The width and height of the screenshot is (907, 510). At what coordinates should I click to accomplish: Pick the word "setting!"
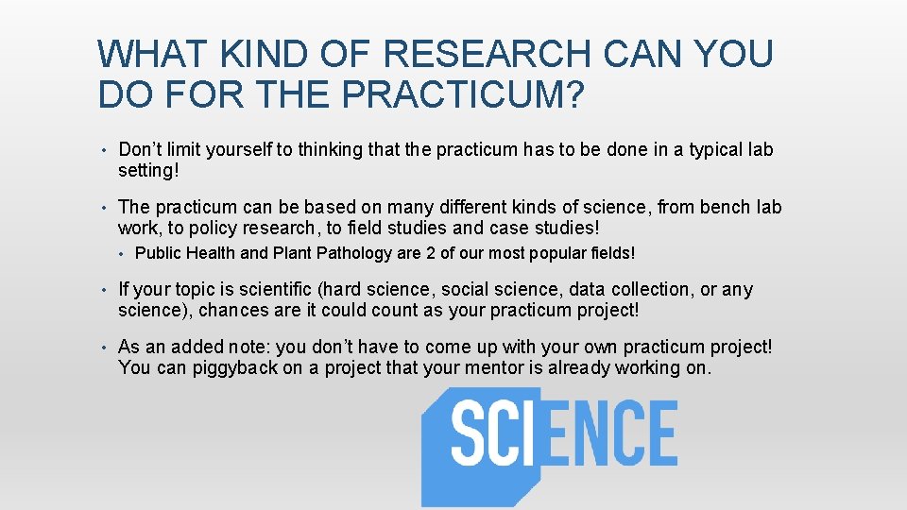(x=148, y=171)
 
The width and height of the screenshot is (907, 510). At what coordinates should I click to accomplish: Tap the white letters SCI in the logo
(x=491, y=433)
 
